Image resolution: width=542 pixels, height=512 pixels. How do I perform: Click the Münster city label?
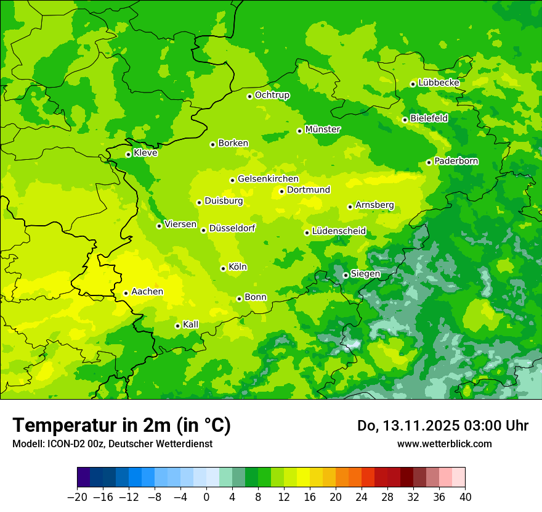(x=323, y=130)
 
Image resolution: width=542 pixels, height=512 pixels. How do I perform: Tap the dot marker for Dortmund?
(x=281, y=191)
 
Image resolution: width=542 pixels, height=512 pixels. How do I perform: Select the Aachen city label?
(x=147, y=292)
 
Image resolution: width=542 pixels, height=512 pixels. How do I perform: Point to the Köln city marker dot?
(x=223, y=268)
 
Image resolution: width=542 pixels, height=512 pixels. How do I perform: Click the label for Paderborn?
(x=456, y=161)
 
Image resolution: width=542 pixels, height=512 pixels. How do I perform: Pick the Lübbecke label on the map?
(x=439, y=83)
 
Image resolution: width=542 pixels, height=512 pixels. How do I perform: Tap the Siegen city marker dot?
(x=346, y=275)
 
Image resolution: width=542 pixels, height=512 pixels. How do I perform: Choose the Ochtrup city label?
(x=272, y=95)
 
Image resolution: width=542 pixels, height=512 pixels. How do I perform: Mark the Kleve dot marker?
(x=128, y=154)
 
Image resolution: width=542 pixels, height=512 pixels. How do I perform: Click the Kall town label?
(x=191, y=324)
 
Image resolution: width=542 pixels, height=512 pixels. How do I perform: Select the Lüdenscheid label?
(x=339, y=231)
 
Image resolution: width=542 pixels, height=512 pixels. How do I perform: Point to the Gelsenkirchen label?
(x=268, y=179)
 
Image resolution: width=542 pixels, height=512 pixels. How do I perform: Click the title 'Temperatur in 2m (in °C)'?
(x=121, y=426)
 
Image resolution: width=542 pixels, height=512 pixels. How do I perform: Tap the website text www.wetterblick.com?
(x=444, y=444)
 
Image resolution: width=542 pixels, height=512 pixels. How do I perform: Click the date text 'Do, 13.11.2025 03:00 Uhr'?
(x=443, y=426)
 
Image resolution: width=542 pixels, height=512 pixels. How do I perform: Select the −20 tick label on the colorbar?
(x=77, y=497)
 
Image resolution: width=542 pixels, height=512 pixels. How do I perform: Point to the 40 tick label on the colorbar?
(x=465, y=497)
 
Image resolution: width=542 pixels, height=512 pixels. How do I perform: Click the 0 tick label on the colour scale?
(x=206, y=497)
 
